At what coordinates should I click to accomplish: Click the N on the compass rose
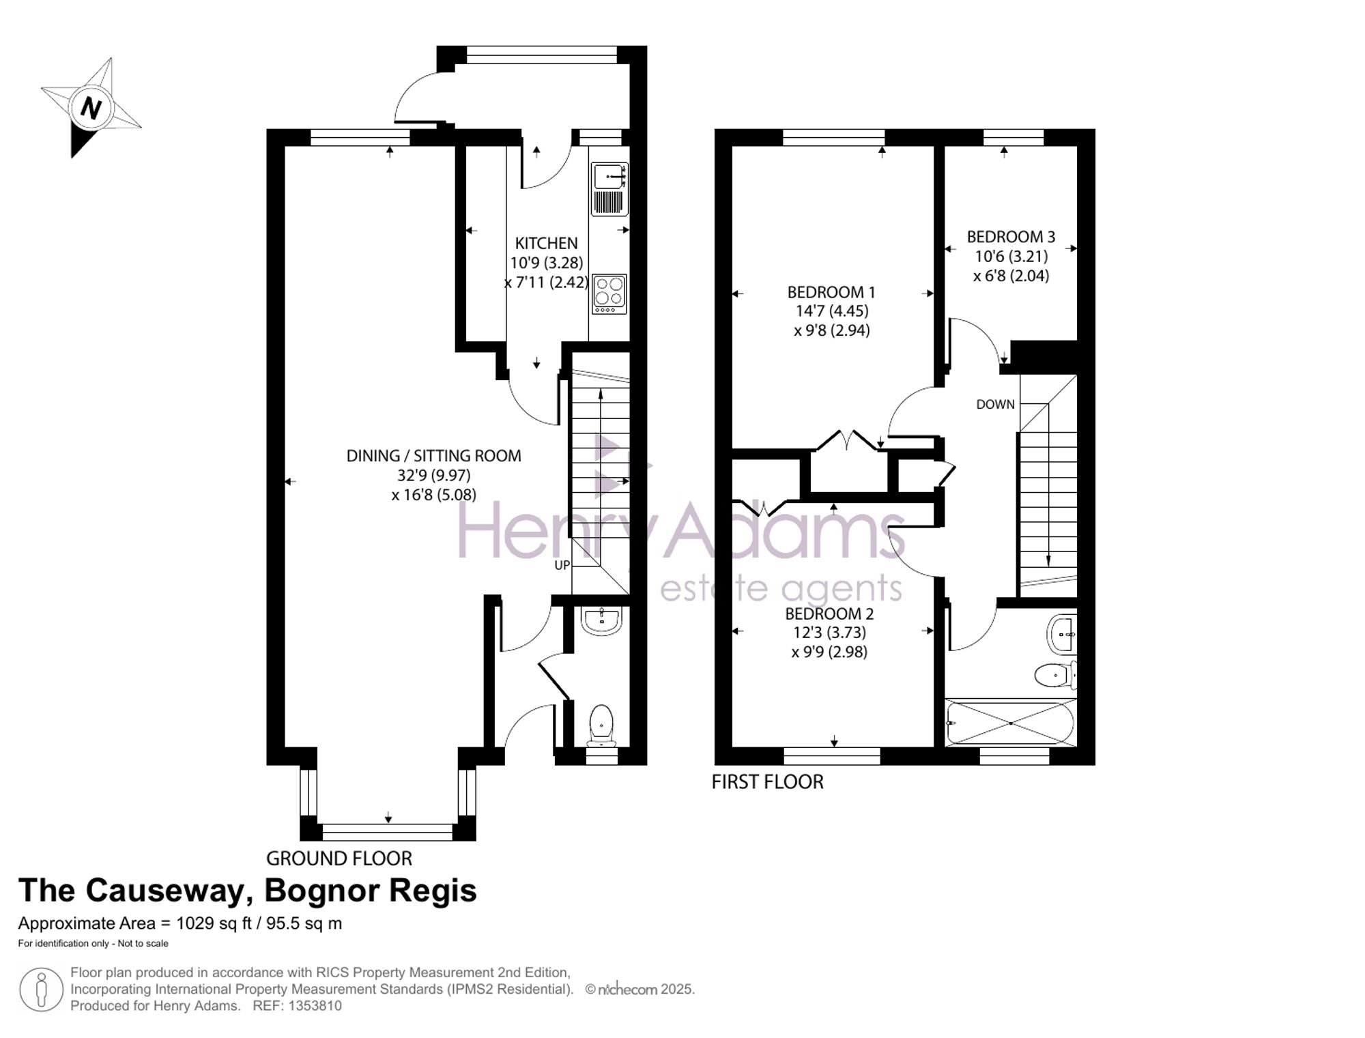[91, 108]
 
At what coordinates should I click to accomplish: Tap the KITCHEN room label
[546, 243]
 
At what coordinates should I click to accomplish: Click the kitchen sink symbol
[609, 189]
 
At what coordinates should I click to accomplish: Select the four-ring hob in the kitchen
[609, 294]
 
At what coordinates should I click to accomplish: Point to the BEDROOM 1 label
[831, 292]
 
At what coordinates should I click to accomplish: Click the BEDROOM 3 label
[1011, 237]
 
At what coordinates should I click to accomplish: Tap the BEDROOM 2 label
[829, 614]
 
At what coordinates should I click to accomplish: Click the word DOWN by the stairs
[996, 404]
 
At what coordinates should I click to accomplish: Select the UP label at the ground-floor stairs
[562, 565]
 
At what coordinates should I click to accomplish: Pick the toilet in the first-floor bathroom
[1055, 676]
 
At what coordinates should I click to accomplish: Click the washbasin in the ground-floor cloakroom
[601, 620]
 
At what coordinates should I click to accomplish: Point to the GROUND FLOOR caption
[339, 858]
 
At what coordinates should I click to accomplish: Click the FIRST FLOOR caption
[768, 781]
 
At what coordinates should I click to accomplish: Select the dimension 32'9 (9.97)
[434, 475]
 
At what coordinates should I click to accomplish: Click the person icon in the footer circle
[42, 990]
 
